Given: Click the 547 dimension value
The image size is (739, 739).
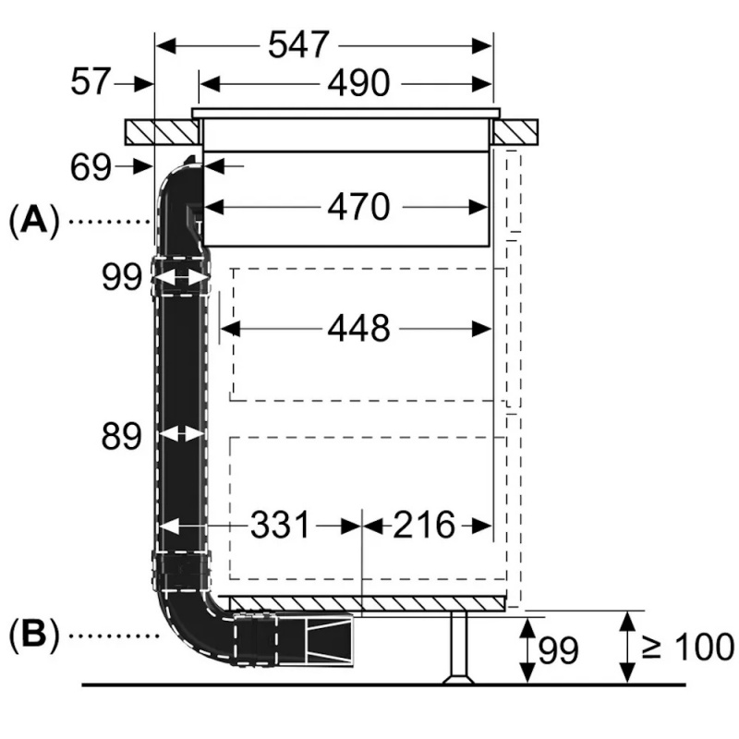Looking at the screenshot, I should point(298,44).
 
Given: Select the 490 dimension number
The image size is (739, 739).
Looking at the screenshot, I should point(358,84).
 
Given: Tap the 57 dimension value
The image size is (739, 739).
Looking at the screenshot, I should point(90,83).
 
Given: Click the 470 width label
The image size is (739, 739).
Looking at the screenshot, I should point(358,207).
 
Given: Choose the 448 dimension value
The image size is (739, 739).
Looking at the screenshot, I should point(358,327).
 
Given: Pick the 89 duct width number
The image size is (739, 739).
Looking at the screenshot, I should point(121,436).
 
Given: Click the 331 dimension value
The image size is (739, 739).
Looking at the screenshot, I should point(281,526).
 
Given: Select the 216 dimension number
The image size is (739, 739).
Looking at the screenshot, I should point(424,526).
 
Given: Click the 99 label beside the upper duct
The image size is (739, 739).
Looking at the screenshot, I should point(121,276).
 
